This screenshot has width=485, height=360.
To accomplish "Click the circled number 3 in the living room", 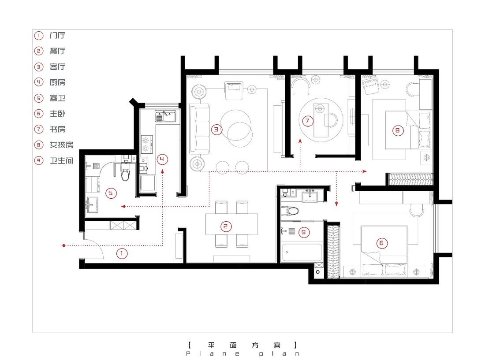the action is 216,130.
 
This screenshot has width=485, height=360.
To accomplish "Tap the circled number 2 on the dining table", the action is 225,226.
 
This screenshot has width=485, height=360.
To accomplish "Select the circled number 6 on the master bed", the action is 381,243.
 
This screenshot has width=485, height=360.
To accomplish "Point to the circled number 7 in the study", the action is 307,121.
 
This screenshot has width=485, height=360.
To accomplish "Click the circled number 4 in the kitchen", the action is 162,160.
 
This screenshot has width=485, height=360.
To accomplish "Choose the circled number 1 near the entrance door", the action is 122,254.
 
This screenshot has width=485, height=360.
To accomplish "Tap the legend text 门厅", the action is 57,36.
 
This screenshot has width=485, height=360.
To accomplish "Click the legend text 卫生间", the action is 62,161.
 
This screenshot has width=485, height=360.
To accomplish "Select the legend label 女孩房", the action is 62,145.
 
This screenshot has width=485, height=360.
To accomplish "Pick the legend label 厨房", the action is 57,82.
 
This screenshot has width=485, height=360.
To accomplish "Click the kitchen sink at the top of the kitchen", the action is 165,116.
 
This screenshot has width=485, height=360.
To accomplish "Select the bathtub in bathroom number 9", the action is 302,252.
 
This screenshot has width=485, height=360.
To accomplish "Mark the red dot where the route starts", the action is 64,246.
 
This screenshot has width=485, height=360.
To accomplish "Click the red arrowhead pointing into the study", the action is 300,141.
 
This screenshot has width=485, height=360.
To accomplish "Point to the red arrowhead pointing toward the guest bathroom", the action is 123,206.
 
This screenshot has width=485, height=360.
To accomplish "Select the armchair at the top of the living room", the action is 234,90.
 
